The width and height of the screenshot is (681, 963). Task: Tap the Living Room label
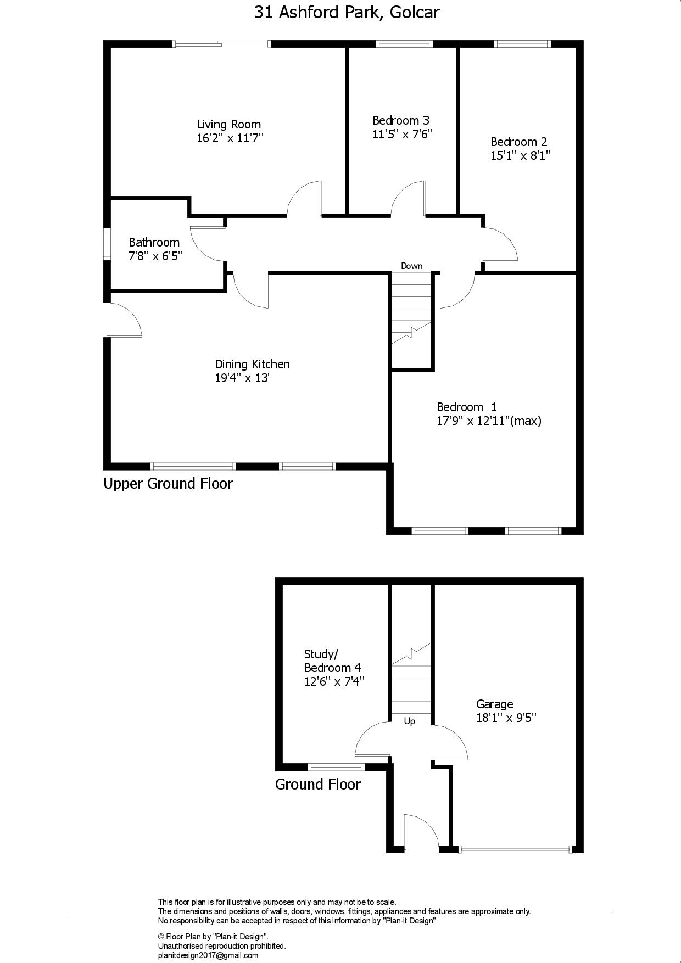click(229, 124)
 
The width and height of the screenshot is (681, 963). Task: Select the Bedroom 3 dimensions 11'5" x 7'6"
click(403, 134)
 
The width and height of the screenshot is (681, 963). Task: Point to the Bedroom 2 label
click(519, 142)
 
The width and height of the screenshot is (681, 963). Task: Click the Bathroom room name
click(154, 242)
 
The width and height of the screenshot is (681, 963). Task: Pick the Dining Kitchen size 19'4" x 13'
click(242, 378)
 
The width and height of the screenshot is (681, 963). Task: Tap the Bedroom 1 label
click(467, 407)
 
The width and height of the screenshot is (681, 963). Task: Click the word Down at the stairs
click(412, 266)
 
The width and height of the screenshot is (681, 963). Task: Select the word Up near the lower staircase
click(410, 721)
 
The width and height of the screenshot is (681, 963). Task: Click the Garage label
click(495, 704)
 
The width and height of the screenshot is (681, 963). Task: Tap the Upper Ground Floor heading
click(168, 484)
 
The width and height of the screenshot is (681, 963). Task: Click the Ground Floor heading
click(318, 785)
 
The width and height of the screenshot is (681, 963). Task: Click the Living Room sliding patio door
click(222, 43)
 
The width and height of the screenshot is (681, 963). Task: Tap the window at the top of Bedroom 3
click(404, 44)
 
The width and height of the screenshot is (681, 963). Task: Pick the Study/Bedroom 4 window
click(336, 767)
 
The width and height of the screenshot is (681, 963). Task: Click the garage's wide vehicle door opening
click(516, 849)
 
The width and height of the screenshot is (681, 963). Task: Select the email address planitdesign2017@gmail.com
click(208, 955)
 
